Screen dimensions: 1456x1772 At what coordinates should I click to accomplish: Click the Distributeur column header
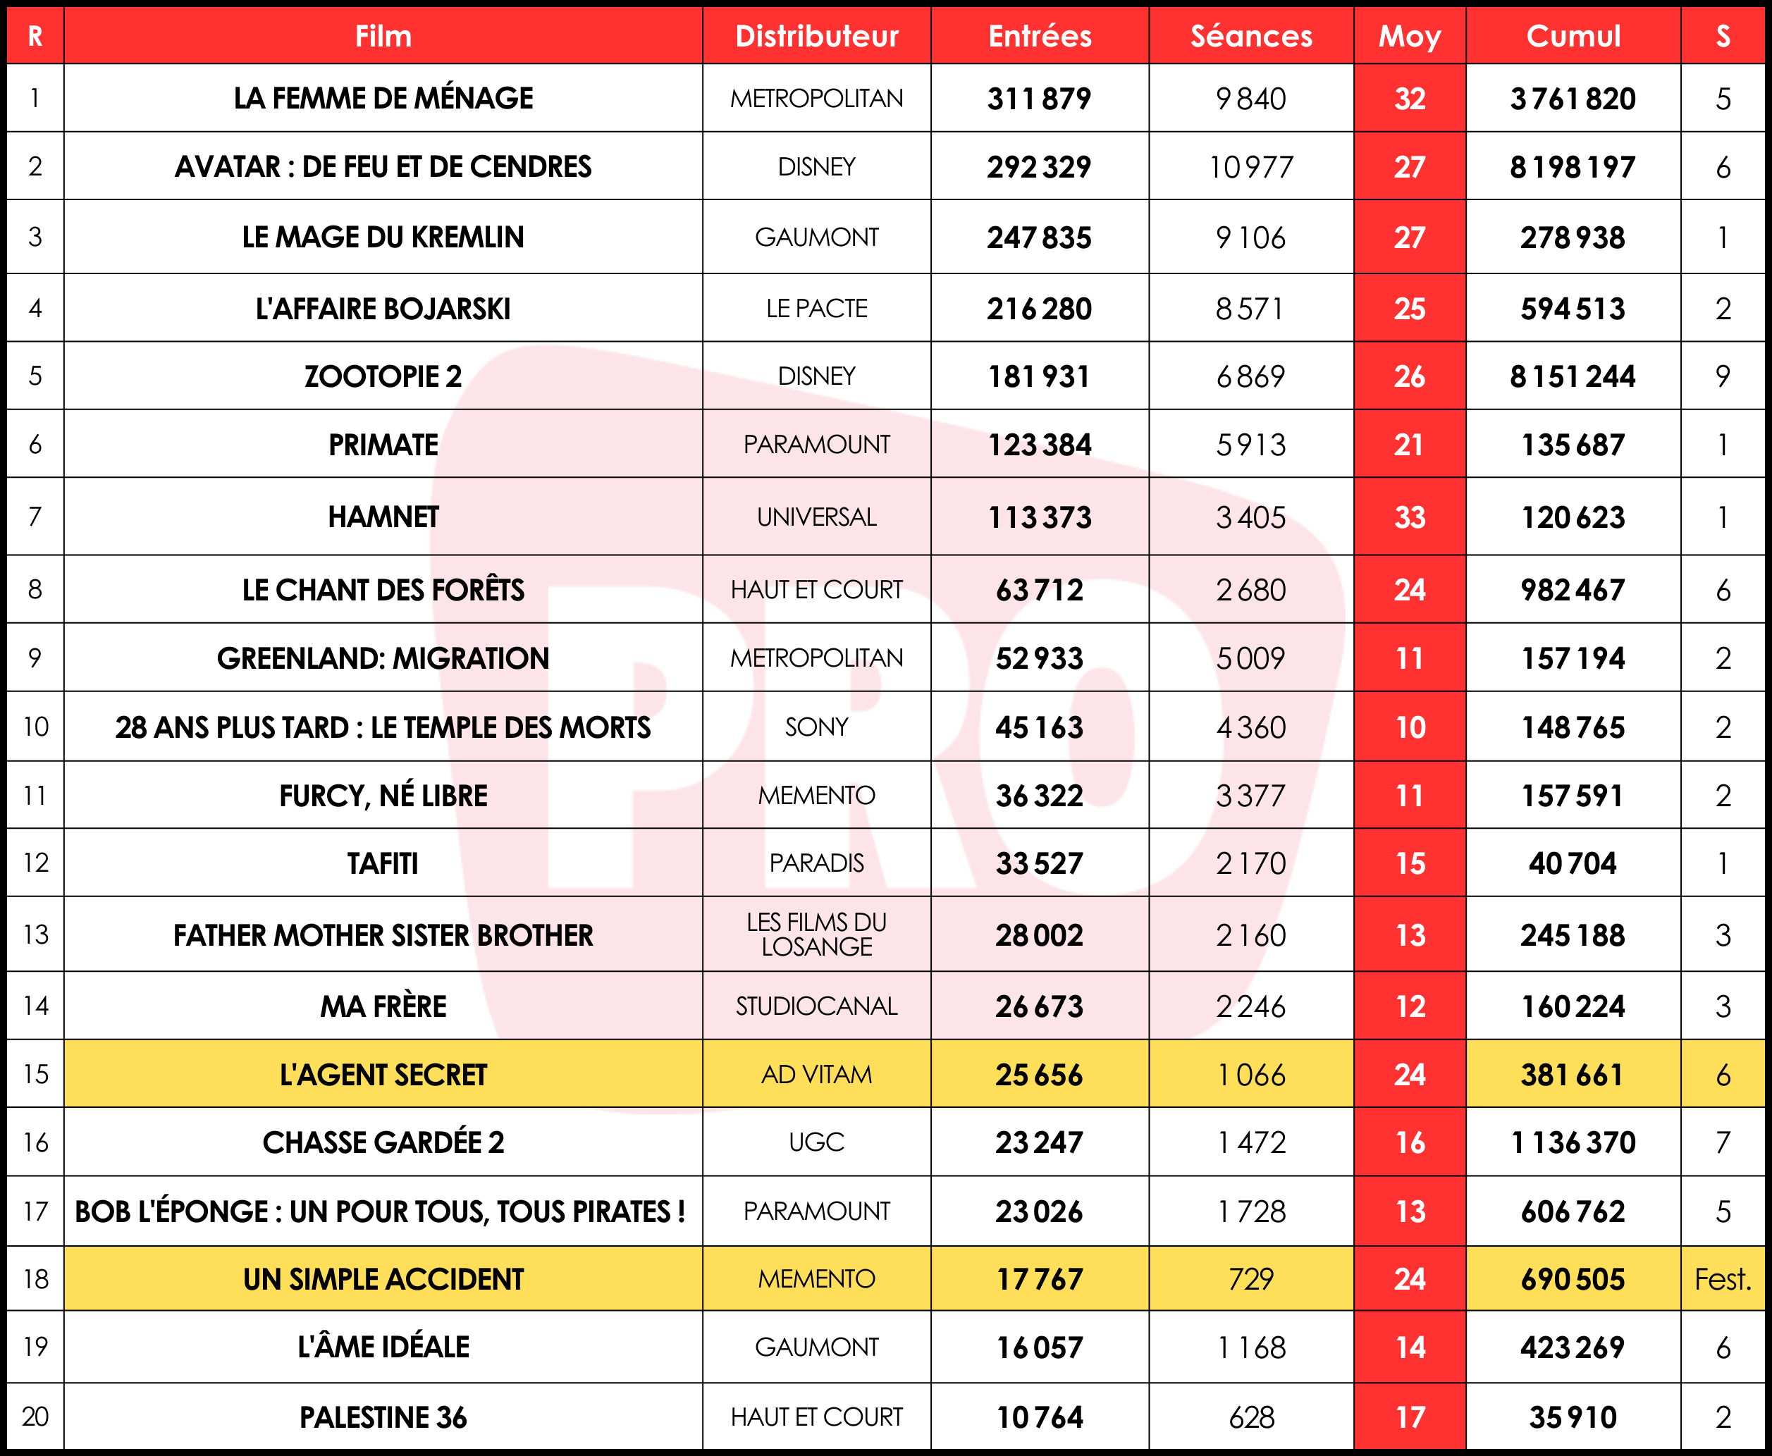click(x=816, y=36)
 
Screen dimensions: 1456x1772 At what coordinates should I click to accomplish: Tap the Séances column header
click(x=1250, y=36)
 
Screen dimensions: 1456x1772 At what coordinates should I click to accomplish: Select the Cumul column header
click(x=1573, y=36)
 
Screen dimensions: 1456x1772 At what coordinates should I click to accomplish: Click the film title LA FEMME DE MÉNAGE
click(x=383, y=98)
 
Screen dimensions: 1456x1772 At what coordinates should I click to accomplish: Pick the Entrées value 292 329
click(x=1039, y=167)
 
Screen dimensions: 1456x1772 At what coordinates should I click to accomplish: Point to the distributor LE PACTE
click(x=816, y=309)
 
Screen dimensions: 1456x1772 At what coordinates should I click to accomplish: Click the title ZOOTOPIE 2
click(x=383, y=376)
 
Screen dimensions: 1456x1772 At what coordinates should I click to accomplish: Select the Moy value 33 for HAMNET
click(x=1409, y=517)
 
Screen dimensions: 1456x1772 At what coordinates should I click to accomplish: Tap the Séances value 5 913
click(x=1250, y=445)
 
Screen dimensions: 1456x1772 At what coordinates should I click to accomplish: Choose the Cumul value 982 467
click(x=1573, y=590)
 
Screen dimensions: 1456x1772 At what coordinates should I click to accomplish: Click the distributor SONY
click(x=816, y=727)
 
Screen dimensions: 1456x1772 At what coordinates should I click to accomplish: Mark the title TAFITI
click(x=383, y=863)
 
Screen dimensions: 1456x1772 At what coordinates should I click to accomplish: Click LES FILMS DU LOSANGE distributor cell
click(x=816, y=934)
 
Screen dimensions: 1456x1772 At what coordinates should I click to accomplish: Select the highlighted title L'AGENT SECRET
click(x=383, y=1075)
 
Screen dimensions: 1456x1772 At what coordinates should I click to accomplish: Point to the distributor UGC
click(x=816, y=1142)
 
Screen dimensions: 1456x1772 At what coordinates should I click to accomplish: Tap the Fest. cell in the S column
click(x=1723, y=1279)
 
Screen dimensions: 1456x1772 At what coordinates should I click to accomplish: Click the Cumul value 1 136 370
click(x=1573, y=1142)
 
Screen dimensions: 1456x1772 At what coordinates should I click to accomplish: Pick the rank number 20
click(x=35, y=1417)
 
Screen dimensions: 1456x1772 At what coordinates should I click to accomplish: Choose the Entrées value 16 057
click(x=1039, y=1347)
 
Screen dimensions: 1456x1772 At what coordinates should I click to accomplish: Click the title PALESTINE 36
click(x=383, y=1417)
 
